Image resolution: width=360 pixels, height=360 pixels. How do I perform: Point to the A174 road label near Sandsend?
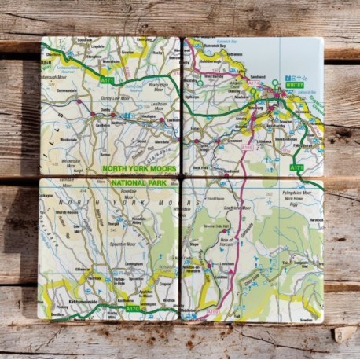pyautogui.click(x=254, y=83)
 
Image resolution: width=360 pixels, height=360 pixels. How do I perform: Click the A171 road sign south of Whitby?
pyautogui.click(x=296, y=167)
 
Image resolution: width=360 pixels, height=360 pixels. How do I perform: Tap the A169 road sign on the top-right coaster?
pyautogui.click(x=248, y=147)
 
